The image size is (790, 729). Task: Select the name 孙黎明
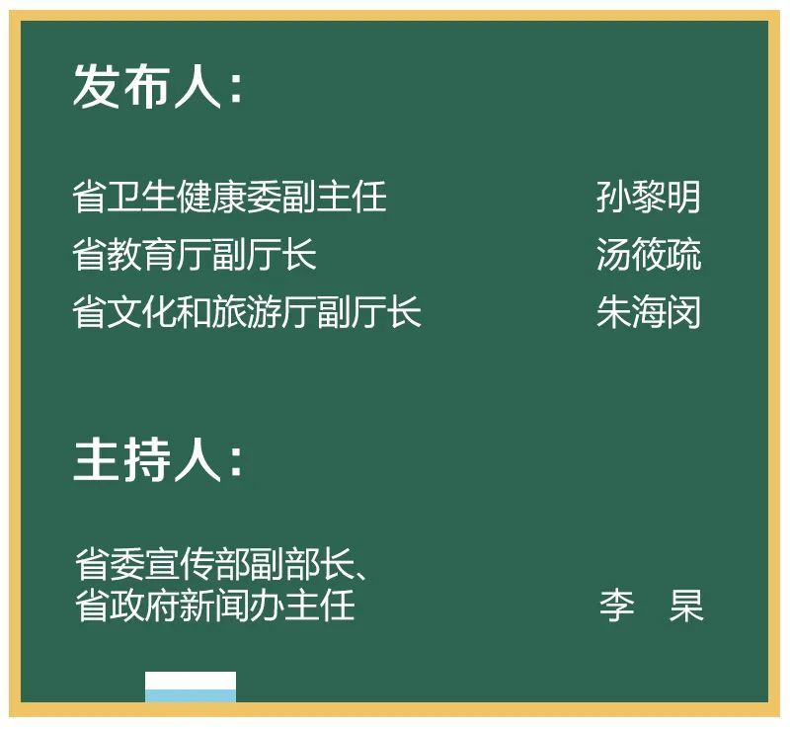pyautogui.click(x=648, y=197)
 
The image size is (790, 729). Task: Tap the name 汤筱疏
pyautogui.click(x=648, y=254)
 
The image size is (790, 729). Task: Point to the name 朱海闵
pyautogui.click(x=648, y=311)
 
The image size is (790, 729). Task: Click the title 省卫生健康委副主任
pyautogui.click(x=229, y=197)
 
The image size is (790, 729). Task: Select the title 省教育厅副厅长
pyautogui.click(x=195, y=254)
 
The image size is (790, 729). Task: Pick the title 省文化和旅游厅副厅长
pyautogui.click(x=247, y=311)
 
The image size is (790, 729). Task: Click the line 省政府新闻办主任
pyautogui.click(x=214, y=604)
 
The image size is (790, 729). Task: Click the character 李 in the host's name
pyautogui.click(x=616, y=605)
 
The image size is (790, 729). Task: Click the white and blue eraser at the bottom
pyautogui.click(x=191, y=687)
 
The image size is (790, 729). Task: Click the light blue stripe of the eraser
pyautogui.click(x=191, y=695)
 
